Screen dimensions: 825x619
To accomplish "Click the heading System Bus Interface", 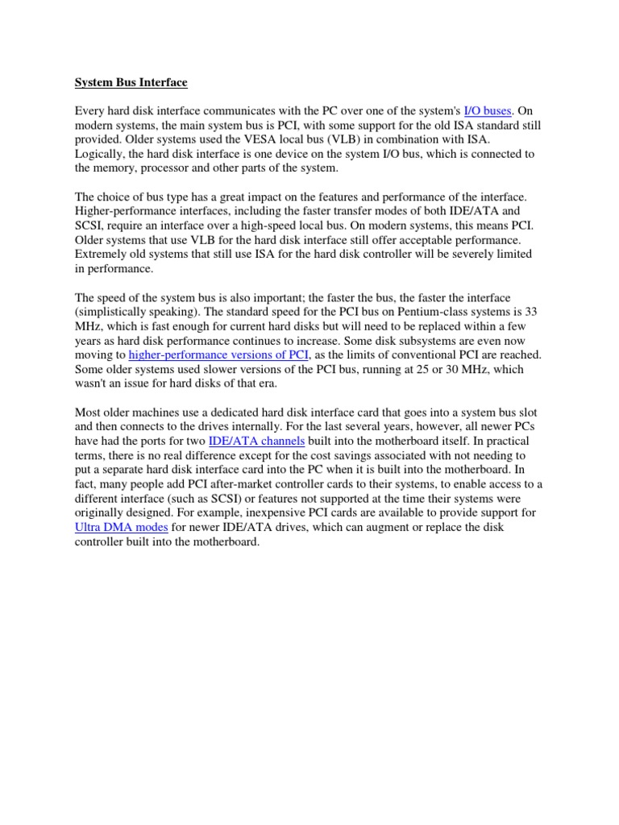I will pos(131,81).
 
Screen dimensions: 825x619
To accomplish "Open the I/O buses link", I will pos(488,110).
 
